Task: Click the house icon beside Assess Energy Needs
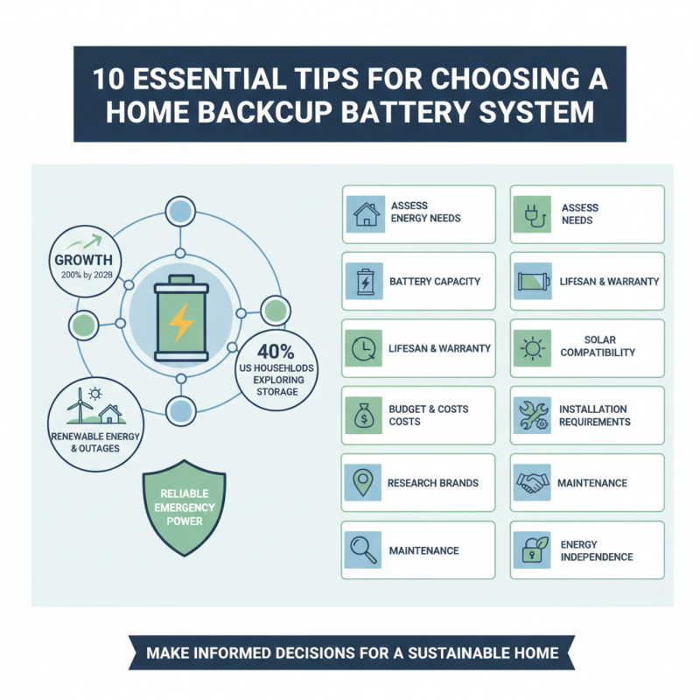point(363,213)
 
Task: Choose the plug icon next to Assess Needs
point(531,213)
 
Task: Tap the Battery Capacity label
point(435,282)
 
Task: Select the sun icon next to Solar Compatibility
point(531,347)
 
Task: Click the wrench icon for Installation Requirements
point(531,415)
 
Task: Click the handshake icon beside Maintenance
point(531,483)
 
